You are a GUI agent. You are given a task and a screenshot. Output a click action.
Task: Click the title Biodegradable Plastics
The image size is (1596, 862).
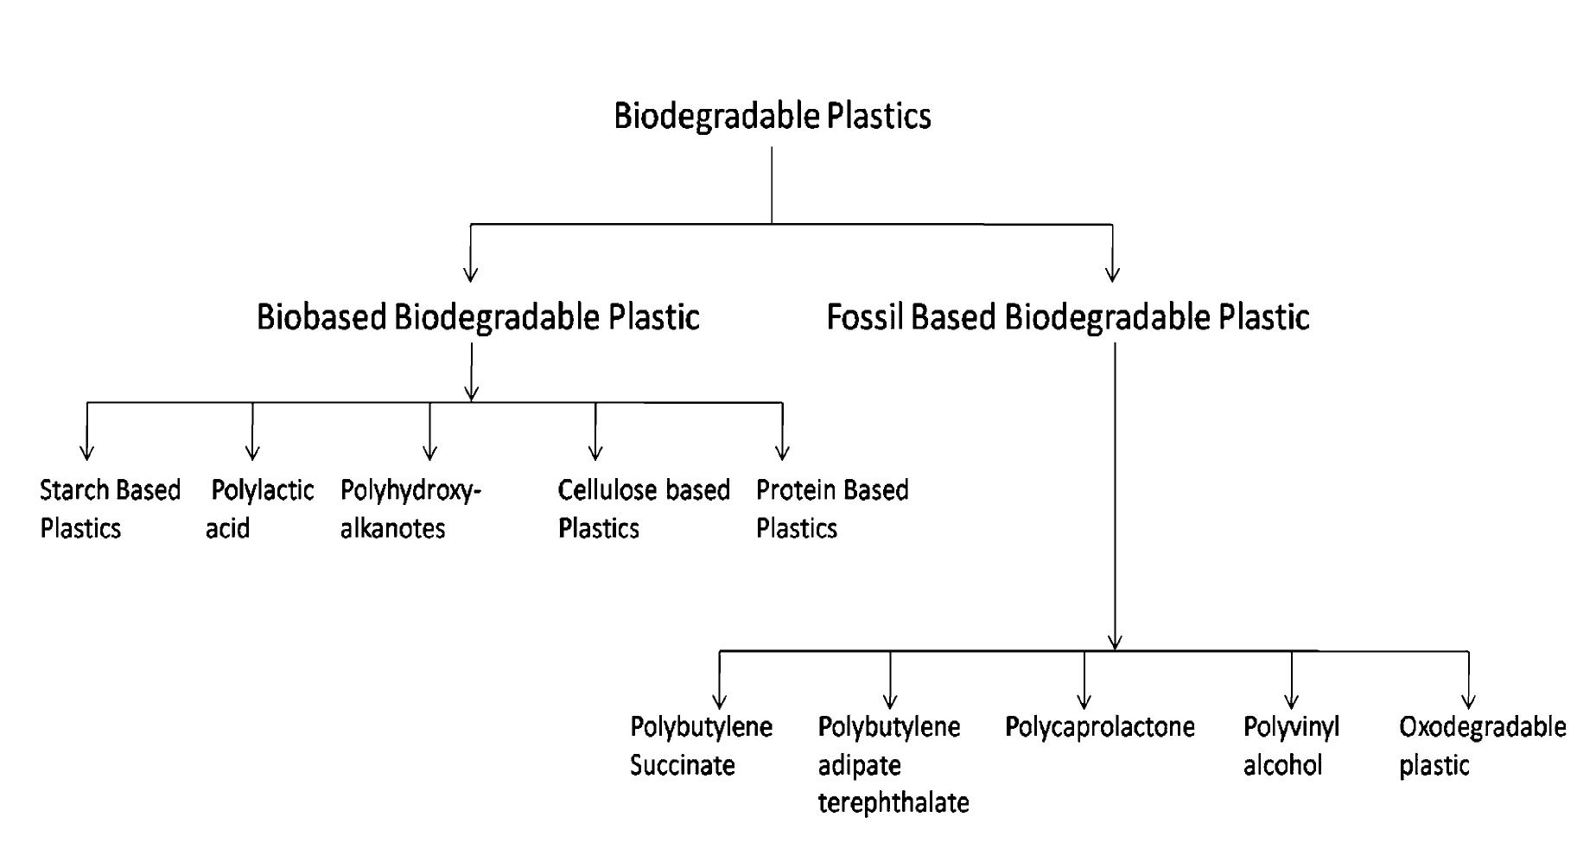pyautogui.click(x=772, y=116)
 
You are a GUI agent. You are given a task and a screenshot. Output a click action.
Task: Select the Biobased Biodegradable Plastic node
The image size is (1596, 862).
pyautogui.click(x=478, y=317)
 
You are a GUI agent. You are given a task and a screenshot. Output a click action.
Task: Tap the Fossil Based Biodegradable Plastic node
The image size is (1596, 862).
pyautogui.click(x=1067, y=317)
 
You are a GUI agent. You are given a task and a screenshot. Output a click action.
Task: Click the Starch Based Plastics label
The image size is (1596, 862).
pyautogui.click(x=109, y=509)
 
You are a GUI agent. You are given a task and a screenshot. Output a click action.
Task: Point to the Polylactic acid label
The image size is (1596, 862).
pyautogui.click(x=259, y=509)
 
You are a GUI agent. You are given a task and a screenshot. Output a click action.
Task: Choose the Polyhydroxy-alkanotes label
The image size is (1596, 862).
pyautogui.click(x=410, y=509)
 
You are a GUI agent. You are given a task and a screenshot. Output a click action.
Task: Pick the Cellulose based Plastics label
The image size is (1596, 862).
pyautogui.click(x=644, y=509)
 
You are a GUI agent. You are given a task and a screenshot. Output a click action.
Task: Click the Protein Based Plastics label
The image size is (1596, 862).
pyautogui.click(x=831, y=509)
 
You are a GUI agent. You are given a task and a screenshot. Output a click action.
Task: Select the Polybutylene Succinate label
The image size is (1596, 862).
pyautogui.click(x=700, y=745)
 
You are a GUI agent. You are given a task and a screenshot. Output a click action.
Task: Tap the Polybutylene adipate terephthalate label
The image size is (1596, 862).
pyautogui.click(x=893, y=764)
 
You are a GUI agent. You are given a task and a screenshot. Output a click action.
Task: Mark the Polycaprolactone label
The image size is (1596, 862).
pyautogui.click(x=1099, y=727)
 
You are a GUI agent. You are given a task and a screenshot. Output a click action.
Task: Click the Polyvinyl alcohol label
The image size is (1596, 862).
pyautogui.click(x=1291, y=745)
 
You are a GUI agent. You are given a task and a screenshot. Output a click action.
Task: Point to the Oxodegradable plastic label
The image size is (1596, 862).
pyautogui.click(x=1482, y=745)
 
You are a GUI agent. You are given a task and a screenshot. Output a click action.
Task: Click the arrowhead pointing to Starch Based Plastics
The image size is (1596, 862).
pyautogui.click(x=86, y=452)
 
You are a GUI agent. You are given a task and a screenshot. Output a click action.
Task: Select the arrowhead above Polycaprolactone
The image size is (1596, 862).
pyautogui.click(x=1084, y=701)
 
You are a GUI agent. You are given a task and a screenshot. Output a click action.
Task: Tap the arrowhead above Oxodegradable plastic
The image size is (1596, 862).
pyautogui.click(x=1468, y=701)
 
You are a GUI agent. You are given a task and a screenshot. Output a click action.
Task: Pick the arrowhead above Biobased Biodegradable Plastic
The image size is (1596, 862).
pyautogui.click(x=471, y=274)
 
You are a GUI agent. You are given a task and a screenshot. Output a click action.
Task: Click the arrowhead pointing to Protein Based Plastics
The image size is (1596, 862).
pyautogui.click(x=782, y=452)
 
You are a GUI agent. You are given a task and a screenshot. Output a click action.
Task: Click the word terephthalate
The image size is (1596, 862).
pyautogui.click(x=893, y=803)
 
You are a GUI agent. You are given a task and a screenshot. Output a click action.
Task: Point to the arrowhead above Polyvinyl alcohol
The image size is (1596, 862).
pyautogui.click(x=1292, y=701)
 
